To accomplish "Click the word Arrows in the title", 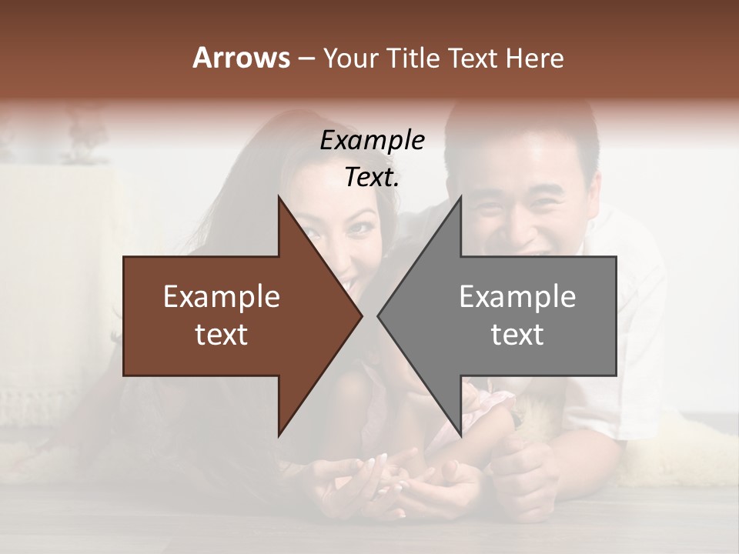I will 241,58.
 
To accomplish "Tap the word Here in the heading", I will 534,58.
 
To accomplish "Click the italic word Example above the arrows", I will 372,141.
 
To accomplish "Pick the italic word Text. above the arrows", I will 372,178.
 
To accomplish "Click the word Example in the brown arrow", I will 222,297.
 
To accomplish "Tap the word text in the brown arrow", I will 222,335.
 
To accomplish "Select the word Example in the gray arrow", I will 517,297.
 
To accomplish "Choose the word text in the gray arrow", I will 517,335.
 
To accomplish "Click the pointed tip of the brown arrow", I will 362,316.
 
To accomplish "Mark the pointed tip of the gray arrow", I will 378,316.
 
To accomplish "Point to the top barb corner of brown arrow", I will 279,197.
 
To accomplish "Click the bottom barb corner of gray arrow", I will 460,436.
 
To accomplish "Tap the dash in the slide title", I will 306,58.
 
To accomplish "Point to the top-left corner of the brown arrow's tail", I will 124,257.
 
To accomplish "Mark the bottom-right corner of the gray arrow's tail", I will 616,375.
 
